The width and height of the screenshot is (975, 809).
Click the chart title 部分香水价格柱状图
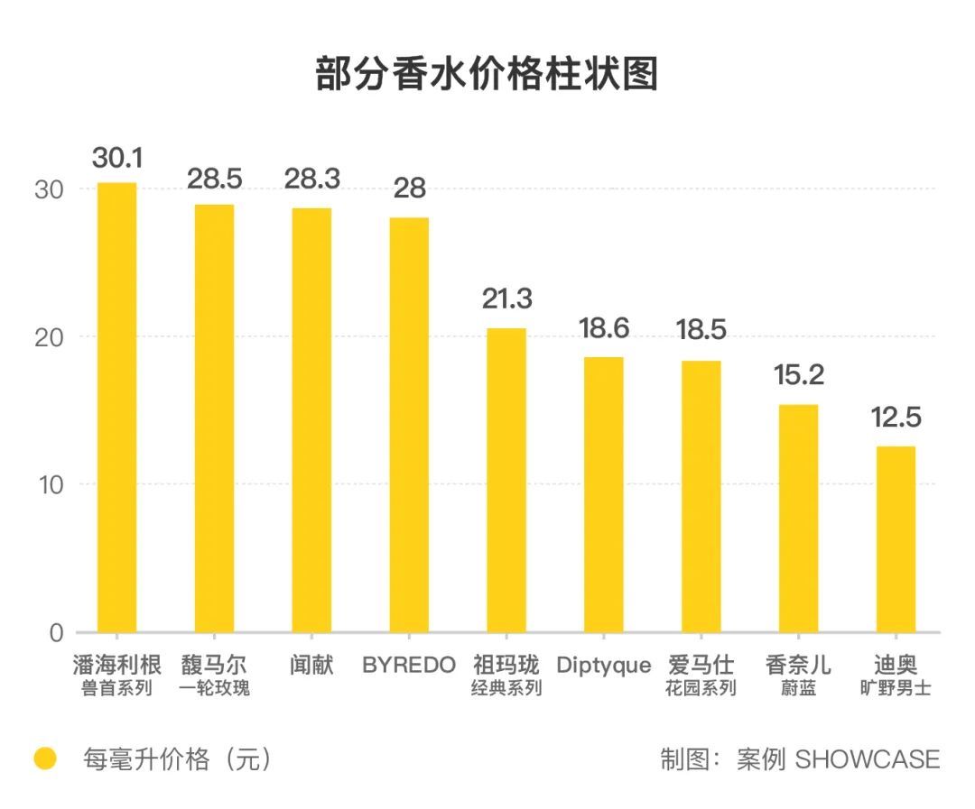coord(487,74)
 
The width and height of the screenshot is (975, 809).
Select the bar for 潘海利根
coord(117,406)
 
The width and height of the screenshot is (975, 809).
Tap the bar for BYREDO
coord(409,424)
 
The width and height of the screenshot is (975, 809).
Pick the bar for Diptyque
coord(603,494)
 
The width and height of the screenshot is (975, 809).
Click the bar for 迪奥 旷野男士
coord(896,538)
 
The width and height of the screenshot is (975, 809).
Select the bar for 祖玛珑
coord(506,480)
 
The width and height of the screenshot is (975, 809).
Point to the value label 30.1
coord(117,159)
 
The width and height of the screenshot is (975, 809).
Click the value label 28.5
coord(215,179)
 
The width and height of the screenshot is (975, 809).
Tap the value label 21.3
coord(506,299)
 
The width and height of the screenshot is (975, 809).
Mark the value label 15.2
coord(799,375)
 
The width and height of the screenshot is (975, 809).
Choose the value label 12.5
coord(896,418)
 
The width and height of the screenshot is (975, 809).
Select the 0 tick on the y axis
coord(56,632)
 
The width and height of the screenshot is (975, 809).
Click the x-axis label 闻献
coord(311,666)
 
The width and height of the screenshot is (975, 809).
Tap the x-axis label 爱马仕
coord(701,666)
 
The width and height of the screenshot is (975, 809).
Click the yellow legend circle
coord(45,759)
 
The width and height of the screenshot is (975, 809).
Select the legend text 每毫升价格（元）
coord(177,759)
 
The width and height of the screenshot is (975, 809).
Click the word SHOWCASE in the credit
coord(868,759)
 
